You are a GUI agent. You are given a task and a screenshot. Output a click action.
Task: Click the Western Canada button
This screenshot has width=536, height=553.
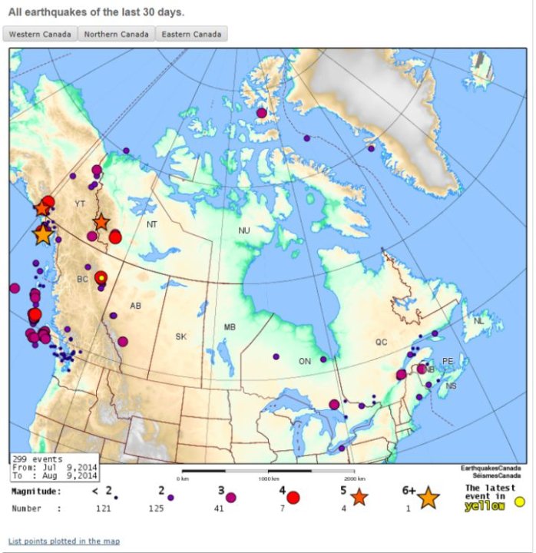[41, 35]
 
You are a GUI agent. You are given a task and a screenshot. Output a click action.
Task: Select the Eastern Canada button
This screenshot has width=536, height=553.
[191, 35]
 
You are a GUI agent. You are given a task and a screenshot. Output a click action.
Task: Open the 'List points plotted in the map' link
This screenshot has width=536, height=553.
[64, 541]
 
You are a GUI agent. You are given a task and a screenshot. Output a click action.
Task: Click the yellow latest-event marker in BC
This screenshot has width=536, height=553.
[101, 277]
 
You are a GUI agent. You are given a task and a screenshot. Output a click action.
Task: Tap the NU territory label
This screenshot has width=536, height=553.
[244, 230]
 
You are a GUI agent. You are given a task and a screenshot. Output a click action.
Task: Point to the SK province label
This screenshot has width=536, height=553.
[181, 336]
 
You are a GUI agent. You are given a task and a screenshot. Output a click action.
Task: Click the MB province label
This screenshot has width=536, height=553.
[230, 327]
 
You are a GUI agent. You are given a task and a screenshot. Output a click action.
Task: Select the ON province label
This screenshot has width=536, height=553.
[305, 361]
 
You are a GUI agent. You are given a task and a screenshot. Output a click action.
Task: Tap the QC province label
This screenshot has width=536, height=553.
[382, 343]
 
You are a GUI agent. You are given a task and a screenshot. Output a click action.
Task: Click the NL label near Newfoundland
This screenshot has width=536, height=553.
[479, 321]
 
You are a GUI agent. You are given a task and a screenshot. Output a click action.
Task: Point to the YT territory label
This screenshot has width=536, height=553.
[80, 204]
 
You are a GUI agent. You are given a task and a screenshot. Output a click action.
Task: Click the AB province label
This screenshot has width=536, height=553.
[135, 306]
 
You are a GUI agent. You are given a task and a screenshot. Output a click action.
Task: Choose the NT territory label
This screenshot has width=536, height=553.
[153, 224]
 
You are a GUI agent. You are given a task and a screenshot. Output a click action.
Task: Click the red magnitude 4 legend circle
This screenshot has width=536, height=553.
[293, 498]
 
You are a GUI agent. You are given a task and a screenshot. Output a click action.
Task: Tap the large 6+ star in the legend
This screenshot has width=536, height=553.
[428, 498]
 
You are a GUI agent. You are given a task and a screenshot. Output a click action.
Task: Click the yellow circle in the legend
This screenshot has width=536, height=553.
[519, 502]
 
